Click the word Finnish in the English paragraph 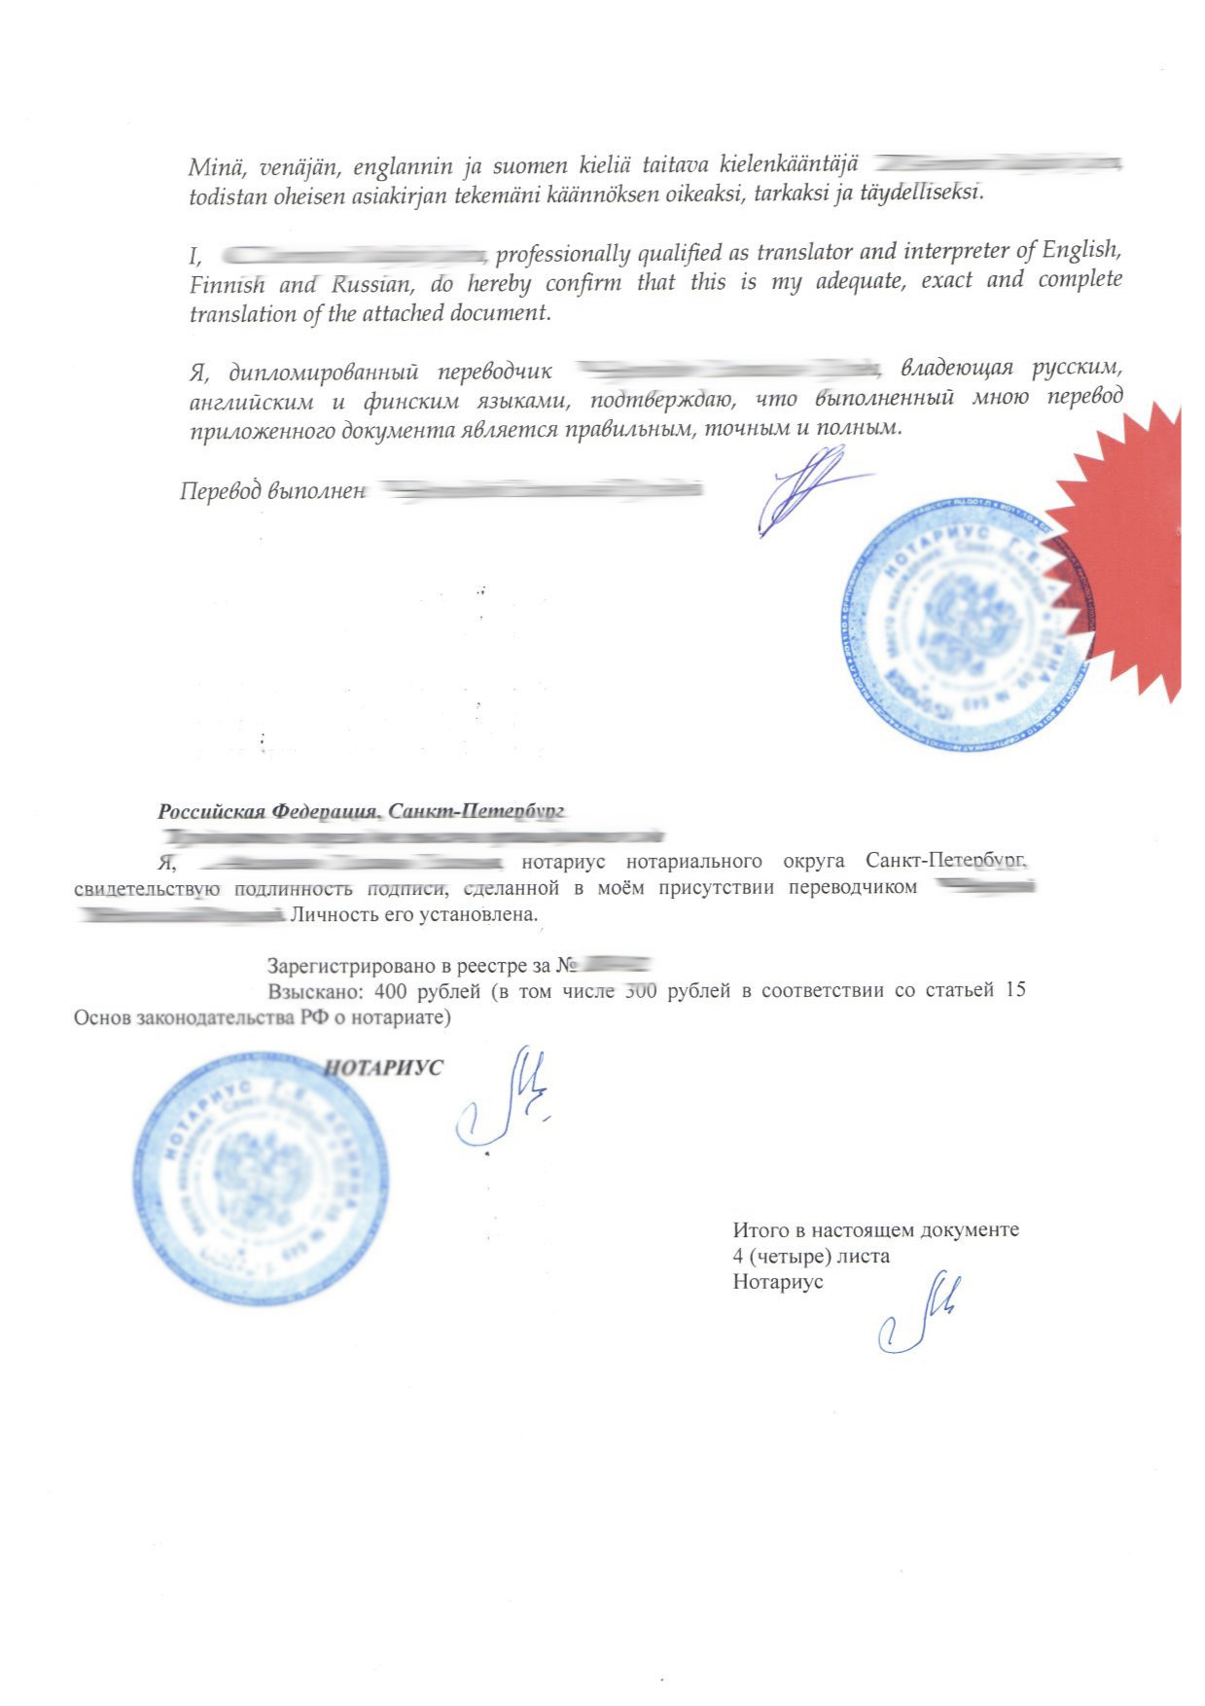pos(227,285)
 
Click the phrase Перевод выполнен pos(272,491)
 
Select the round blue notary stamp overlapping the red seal pos(958,622)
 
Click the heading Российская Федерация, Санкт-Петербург pos(361,811)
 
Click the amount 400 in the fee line pos(389,991)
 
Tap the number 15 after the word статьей pos(1014,990)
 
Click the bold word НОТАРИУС pos(382,1068)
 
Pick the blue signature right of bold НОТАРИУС pos(504,1099)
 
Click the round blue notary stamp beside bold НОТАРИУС pos(260,1178)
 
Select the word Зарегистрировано pos(351,966)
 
